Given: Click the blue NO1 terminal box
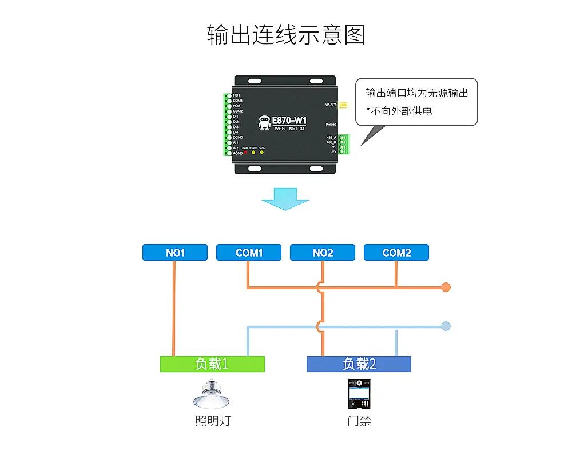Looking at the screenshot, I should tap(174, 253).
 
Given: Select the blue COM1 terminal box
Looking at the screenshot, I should tap(249, 253).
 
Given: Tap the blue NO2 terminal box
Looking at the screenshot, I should tap(323, 253).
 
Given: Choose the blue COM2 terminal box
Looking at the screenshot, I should tap(396, 253).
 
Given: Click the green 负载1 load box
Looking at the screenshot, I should tap(212, 364).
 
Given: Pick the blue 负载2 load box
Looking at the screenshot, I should tap(359, 364).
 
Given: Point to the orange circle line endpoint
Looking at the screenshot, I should tap(446, 287).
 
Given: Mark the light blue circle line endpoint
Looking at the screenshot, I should tap(446, 326).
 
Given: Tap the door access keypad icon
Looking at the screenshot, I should tap(359, 393).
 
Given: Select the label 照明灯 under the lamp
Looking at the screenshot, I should tap(213, 422).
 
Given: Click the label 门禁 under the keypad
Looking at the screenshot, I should tap(359, 422).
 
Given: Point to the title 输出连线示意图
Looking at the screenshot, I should tap(285, 35).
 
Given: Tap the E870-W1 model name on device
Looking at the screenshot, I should tap(289, 121).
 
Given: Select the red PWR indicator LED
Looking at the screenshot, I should tap(245, 153).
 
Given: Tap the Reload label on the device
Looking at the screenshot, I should tap(331, 124).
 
